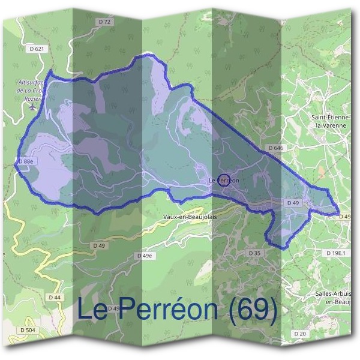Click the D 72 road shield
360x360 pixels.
[104, 22]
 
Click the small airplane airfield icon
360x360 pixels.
[32, 107]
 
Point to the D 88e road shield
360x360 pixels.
[25, 161]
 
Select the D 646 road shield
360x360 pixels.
[275, 148]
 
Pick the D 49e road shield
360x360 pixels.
[144, 256]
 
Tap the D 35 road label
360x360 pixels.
[254, 253]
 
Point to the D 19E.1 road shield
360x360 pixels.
[337, 253]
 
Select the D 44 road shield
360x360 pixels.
[53, 297]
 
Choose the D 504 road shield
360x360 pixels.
[27, 330]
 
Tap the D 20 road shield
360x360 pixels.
[300, 333]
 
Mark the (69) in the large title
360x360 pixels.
[251, 310]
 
